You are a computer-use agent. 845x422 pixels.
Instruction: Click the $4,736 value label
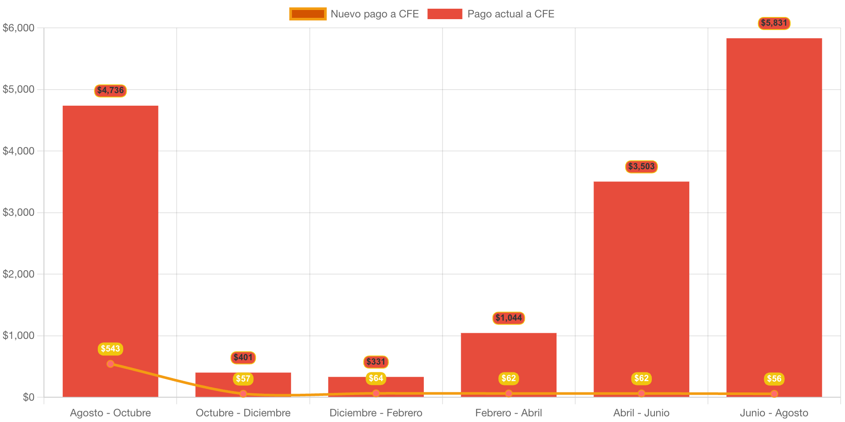[x=111, y=90]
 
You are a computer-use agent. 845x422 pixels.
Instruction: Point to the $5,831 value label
[x=774, y=23]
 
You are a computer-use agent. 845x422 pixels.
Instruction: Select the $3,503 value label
[x=641, y=167]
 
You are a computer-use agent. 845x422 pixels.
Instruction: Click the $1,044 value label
[x=509, y=318]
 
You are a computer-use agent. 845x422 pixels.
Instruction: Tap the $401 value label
[x=243, y=358]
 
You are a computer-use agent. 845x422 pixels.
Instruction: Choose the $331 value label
[x=376, y=362]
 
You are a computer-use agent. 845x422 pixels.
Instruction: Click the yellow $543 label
[x=111, y=349]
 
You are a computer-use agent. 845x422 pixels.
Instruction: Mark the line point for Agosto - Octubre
[x=111, y=364]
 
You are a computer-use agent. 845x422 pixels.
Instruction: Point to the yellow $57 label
[x=243, y=379]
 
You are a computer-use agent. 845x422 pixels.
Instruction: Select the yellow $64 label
[x=376, y=378]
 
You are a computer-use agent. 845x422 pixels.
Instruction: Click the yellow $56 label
[x=774, y=379]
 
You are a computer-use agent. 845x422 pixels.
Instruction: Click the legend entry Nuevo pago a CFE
[x=354, y=14]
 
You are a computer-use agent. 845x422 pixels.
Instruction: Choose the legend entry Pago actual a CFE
[x=491, y=14]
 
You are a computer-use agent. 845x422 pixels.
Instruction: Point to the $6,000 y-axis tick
[x=19, y=28]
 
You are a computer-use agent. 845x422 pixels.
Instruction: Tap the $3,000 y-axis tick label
[x=19, y=213]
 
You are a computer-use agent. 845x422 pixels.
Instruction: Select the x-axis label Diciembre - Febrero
[x=376, y=413]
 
